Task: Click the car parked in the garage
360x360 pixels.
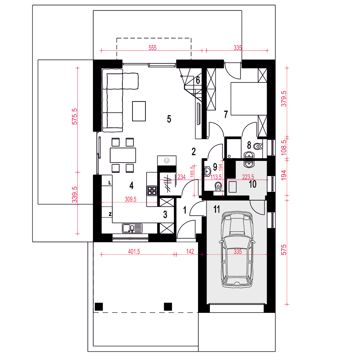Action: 237,249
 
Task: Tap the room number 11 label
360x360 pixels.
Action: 216,209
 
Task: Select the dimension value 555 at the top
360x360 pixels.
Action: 152,48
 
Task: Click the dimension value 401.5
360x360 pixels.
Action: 134,251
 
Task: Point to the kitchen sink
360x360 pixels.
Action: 132,228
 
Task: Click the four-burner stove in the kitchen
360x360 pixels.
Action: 152,190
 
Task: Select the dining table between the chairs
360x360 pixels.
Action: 123,155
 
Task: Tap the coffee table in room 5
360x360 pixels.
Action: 139,111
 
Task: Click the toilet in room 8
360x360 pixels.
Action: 258,146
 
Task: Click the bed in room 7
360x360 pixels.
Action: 249,99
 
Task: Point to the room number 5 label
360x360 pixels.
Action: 169,119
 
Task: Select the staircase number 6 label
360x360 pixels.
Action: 198,80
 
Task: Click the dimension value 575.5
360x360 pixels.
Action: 75,116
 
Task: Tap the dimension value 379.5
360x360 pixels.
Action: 284,99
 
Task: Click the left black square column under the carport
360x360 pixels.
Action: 99,307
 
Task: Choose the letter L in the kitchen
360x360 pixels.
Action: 110,183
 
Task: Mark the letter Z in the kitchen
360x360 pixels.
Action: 110,214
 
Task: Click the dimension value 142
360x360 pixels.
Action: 190,251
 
